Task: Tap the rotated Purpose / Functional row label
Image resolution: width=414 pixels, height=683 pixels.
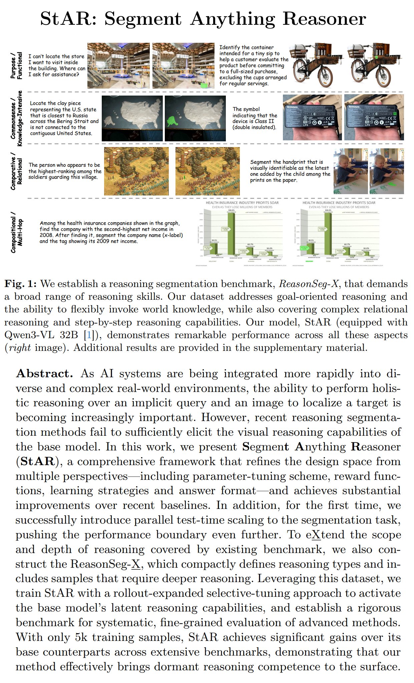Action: tap(16, 65)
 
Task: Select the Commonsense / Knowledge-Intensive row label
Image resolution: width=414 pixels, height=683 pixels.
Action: tap(16, 118)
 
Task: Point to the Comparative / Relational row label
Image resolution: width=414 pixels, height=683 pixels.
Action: tap(16, 171)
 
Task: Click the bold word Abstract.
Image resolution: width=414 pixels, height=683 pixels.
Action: tap(44, 374)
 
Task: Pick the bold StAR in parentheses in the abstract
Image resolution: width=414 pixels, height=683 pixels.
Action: tap(37, 461)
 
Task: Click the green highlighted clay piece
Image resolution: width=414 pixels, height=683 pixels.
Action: tap(173, 121)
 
